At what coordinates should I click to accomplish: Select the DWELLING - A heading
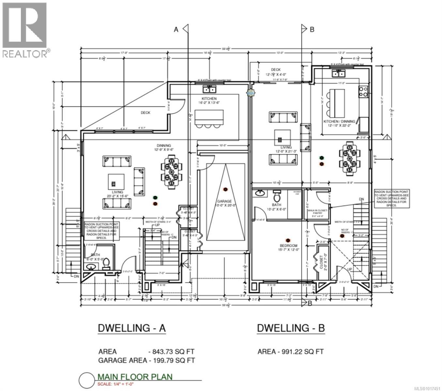pyautogui.click(x=132, y=328)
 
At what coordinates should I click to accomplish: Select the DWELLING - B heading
pyautogui.click(x=291, y=328)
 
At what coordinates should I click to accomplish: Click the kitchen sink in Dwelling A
pyautogui.click(x=209, y=89)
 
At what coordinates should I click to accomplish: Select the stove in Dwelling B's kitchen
pyautogui.click(x=363, y=92)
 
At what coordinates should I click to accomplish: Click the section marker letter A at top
pyautogui.click(x=176, y=30)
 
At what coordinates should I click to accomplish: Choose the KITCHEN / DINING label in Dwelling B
pyautogui.click(x=339, y=123)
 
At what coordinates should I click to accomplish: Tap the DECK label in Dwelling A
pyautogui.click(x=145, y=113)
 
